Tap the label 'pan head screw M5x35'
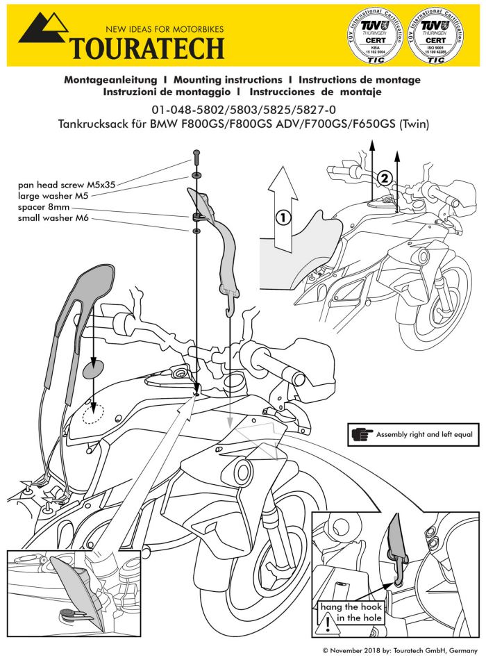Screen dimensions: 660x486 (67, 185)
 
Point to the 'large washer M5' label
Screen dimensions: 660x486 (57, 197)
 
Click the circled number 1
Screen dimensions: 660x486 (281, 216)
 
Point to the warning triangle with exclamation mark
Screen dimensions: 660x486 (327, 623)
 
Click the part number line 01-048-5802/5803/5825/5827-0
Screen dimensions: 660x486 (242, 110)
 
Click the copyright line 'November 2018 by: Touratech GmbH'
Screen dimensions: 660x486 (401, 650)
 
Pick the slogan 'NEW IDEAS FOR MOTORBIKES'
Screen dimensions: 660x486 (164, 30)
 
